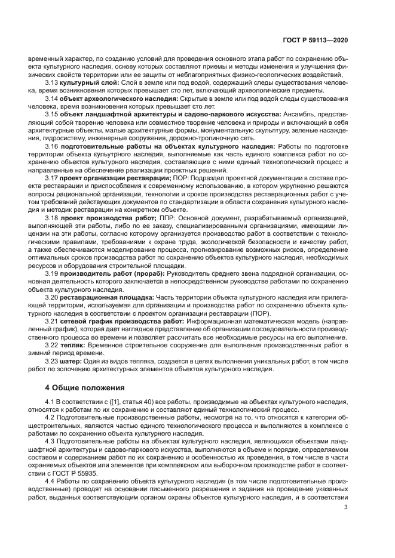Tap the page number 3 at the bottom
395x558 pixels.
[x=346, y=508]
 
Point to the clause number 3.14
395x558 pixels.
[x=52, y=98]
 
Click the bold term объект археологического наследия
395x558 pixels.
[x=119, y=98]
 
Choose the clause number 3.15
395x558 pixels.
[x=52, y=113]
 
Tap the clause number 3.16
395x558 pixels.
[x=52, y=145]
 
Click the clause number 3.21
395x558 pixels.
[x=52, y=320]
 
